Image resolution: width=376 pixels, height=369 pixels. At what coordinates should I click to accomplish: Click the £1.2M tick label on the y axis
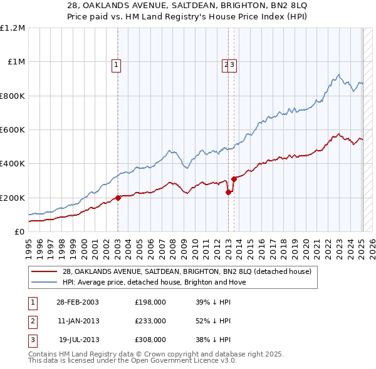pyautogui.click(x=13, y=28)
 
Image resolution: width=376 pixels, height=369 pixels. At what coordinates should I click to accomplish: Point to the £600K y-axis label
pyautogui.click(x=13, y=129)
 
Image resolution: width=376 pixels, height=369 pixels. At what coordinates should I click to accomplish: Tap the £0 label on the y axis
pyautogui.click(x=19, y=231)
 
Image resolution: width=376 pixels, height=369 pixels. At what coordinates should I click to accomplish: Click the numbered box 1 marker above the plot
pyautogui.click(x=117, y=63)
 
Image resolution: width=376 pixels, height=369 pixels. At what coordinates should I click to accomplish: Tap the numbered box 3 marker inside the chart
pyautogui.click(x=232, y=63)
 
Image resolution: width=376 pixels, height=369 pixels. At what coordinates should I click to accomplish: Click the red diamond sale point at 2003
pyautogui.click(x=118, y=198)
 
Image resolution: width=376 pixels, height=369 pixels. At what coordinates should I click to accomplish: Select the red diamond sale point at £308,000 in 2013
pyautogui.click(x=234, y=179)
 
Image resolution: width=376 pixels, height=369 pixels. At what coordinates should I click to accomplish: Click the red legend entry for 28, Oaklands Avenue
pyautogui.click(x=182, y=271)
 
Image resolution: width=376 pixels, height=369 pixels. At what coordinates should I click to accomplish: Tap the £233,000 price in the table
pyautogui.click(x=150, y=321)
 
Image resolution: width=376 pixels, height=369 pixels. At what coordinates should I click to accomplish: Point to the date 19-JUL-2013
pyautogui.click(x=77, y=340)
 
